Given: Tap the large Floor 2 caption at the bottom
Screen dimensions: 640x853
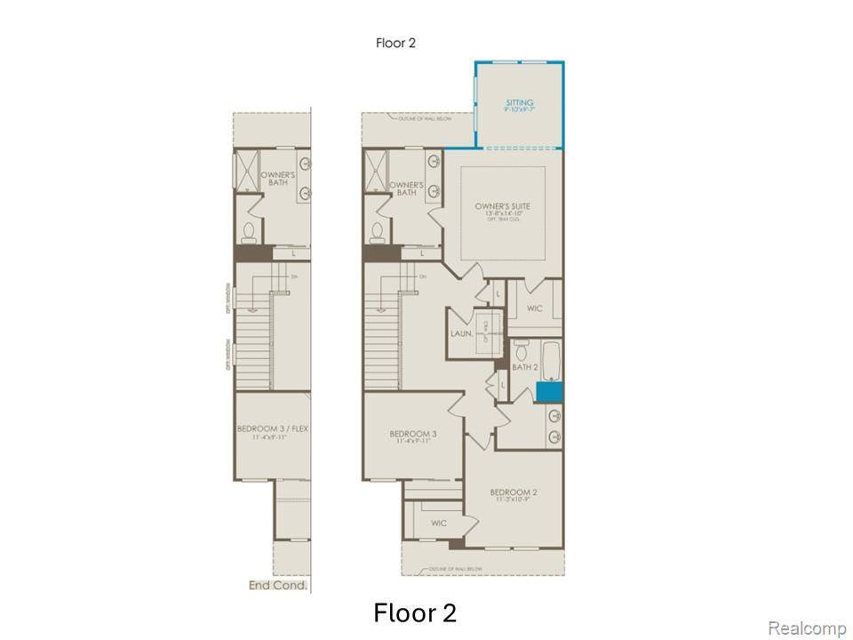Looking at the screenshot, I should pyautogui.click(x=415, y=613).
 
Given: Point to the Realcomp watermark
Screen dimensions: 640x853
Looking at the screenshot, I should pyautogui.click(x=806, y=628).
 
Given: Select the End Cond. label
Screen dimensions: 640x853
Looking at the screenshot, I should pyautogui.click(x=278, y=586).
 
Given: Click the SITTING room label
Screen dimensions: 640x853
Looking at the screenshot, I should pyautogui.click(x=520, y=103).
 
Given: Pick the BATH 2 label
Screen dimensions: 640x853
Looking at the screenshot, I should pyautogui.click(x=525, y=366).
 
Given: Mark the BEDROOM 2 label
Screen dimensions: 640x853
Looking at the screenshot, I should pyautogui.click(x=514, y=492).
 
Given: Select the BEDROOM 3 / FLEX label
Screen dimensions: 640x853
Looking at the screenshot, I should pyautogui.click(x=273, y=429).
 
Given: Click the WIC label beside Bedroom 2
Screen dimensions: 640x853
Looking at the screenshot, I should pyautogui.click(x=438, y=524).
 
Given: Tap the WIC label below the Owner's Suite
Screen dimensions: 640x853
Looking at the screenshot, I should pyautogui.click(x=534, y=308).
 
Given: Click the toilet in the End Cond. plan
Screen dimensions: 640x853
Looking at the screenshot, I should pyautogui.click(x=249, y=233).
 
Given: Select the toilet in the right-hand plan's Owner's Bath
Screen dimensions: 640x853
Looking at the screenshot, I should pyautogui.click(x=378, y=233).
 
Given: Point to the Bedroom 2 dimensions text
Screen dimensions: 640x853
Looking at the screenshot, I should pyautogui.click(x=514, y=500).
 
